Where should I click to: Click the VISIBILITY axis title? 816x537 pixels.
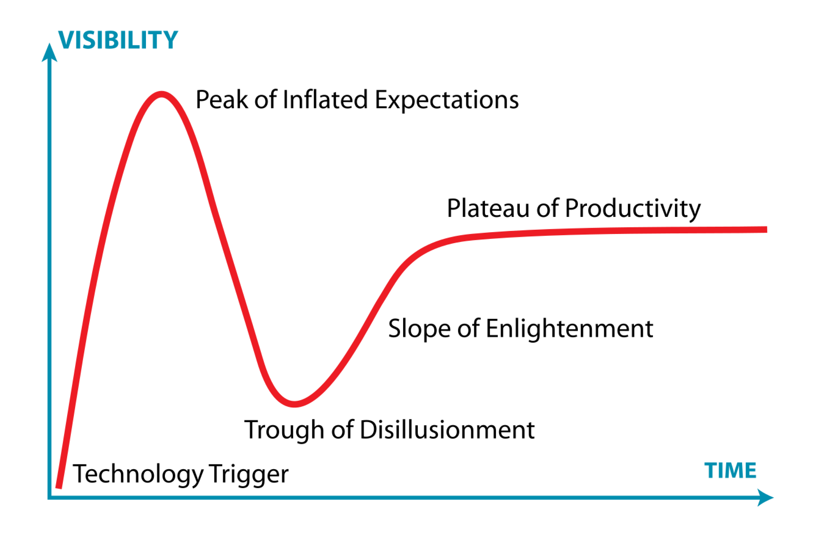118,40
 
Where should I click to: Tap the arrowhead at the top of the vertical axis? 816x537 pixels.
49,52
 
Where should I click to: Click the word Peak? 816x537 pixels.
222,100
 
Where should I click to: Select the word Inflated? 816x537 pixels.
325,99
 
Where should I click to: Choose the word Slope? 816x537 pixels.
419,328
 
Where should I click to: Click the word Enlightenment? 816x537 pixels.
570,328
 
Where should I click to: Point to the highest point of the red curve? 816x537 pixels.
161,94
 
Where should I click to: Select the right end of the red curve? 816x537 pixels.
767,229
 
